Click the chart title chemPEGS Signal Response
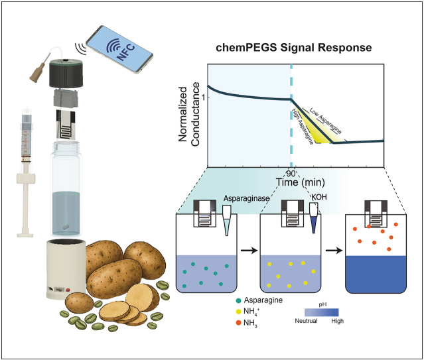click(x=294, y=48)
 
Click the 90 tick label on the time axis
click(x=291, y=174)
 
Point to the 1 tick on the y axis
click(x=204, y=97)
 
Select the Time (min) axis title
click(x=300, y=182)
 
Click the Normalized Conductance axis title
click(x=188, y=114)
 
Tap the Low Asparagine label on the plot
click(x=326, y=121)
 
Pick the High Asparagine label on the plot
click(x=303, y=126)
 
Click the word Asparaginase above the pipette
click(x=247, y=198)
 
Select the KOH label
click(x=319, y=197)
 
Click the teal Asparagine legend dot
click(x=238, y=300)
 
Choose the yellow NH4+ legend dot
click(x=238, y=312)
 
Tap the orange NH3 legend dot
click(x=238, y=323)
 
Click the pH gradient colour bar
click(x=322, y=312)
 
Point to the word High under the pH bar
click(x=338, y=321)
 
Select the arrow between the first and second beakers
click(x=249, y=251)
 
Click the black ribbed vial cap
click(x=66, y=75)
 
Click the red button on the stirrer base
click(x=68, y=290)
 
